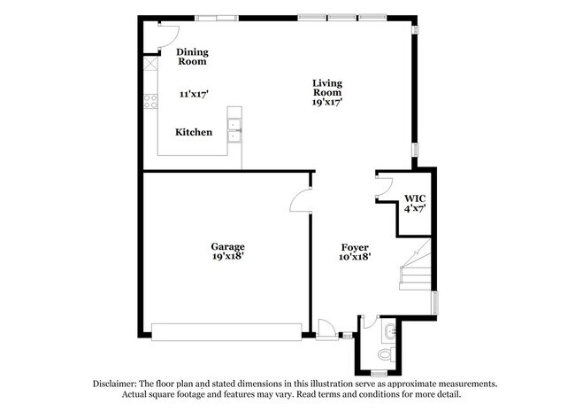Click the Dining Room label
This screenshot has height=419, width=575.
point(192,57)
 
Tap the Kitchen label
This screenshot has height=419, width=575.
point(194,132)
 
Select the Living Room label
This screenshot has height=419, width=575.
point(326,89)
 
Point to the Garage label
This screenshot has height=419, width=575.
point(227,246)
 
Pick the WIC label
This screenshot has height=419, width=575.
point(415,198)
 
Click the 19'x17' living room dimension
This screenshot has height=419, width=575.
point(326,102)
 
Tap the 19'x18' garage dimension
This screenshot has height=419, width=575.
point(227,256)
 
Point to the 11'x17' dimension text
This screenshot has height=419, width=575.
point(193,94)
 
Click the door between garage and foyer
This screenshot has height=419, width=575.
point(301,200)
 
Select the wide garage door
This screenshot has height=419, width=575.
point(226,331)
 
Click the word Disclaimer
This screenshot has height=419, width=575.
point(117,384)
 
